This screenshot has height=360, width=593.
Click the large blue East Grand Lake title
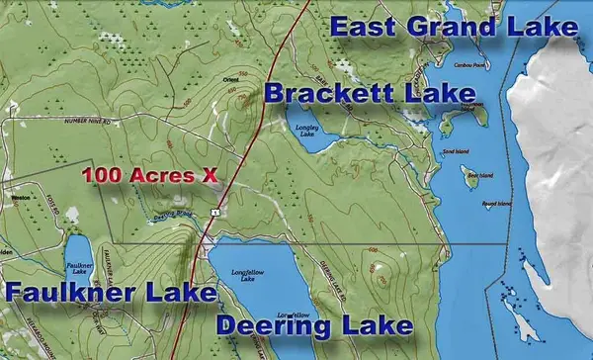point(453,27)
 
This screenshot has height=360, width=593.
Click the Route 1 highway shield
point(214,213)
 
